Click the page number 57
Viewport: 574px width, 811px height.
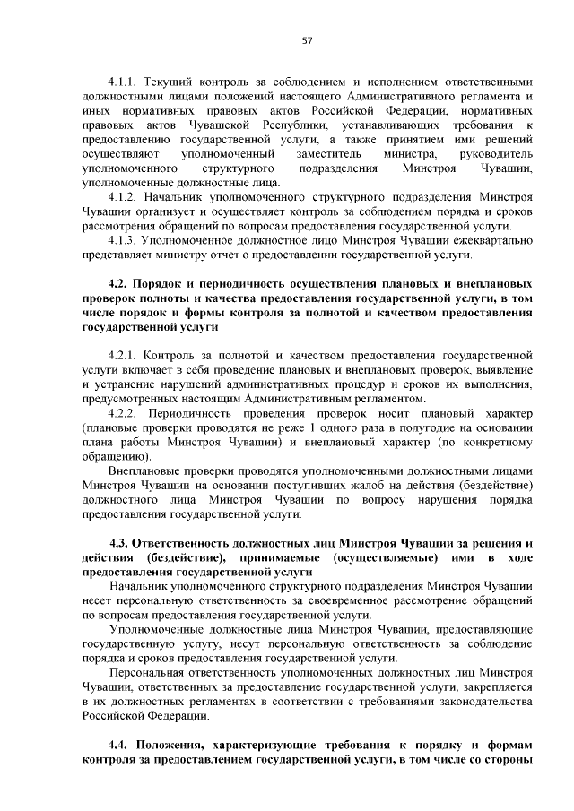click(x=307, y=39)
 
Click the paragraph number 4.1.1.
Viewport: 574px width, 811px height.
click(x=122, y=80)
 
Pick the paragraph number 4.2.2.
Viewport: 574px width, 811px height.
click(x=123, y=413)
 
